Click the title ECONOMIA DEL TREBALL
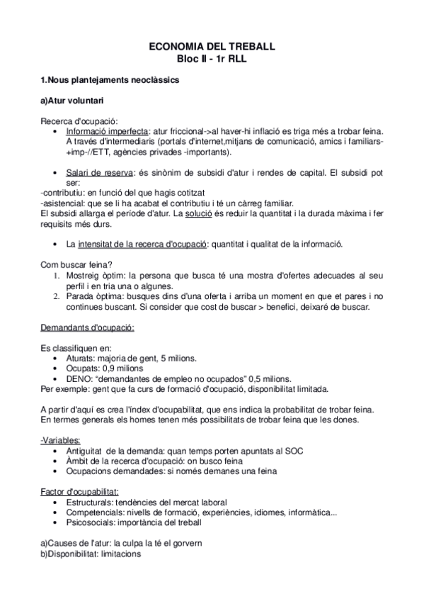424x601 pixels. pyautogui.click(x=212, y=46)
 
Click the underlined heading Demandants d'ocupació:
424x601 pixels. pyautogui.click(x=88, y=328)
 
